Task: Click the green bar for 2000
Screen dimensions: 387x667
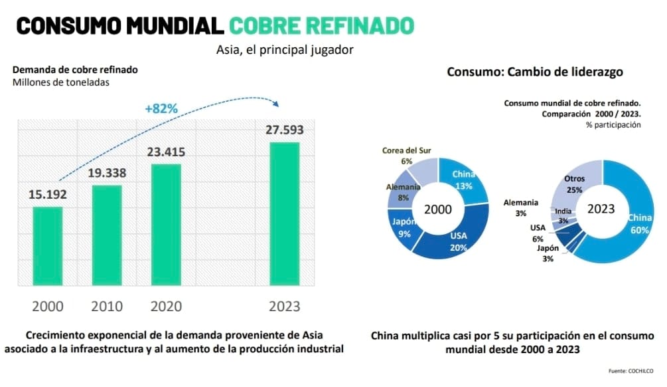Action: (48, 246)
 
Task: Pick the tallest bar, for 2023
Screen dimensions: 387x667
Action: (284, 213)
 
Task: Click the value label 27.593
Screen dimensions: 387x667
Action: (284, 130)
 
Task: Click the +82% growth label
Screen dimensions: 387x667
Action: (161, 108)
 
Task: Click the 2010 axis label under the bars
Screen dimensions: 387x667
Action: (107, 306)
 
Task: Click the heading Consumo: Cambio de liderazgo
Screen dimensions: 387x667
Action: (534, 72)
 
